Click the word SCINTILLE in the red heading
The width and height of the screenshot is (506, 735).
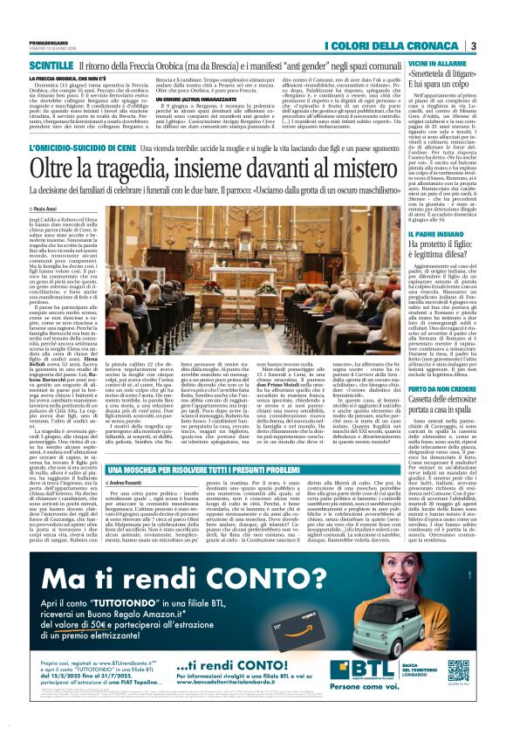point(51,66)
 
